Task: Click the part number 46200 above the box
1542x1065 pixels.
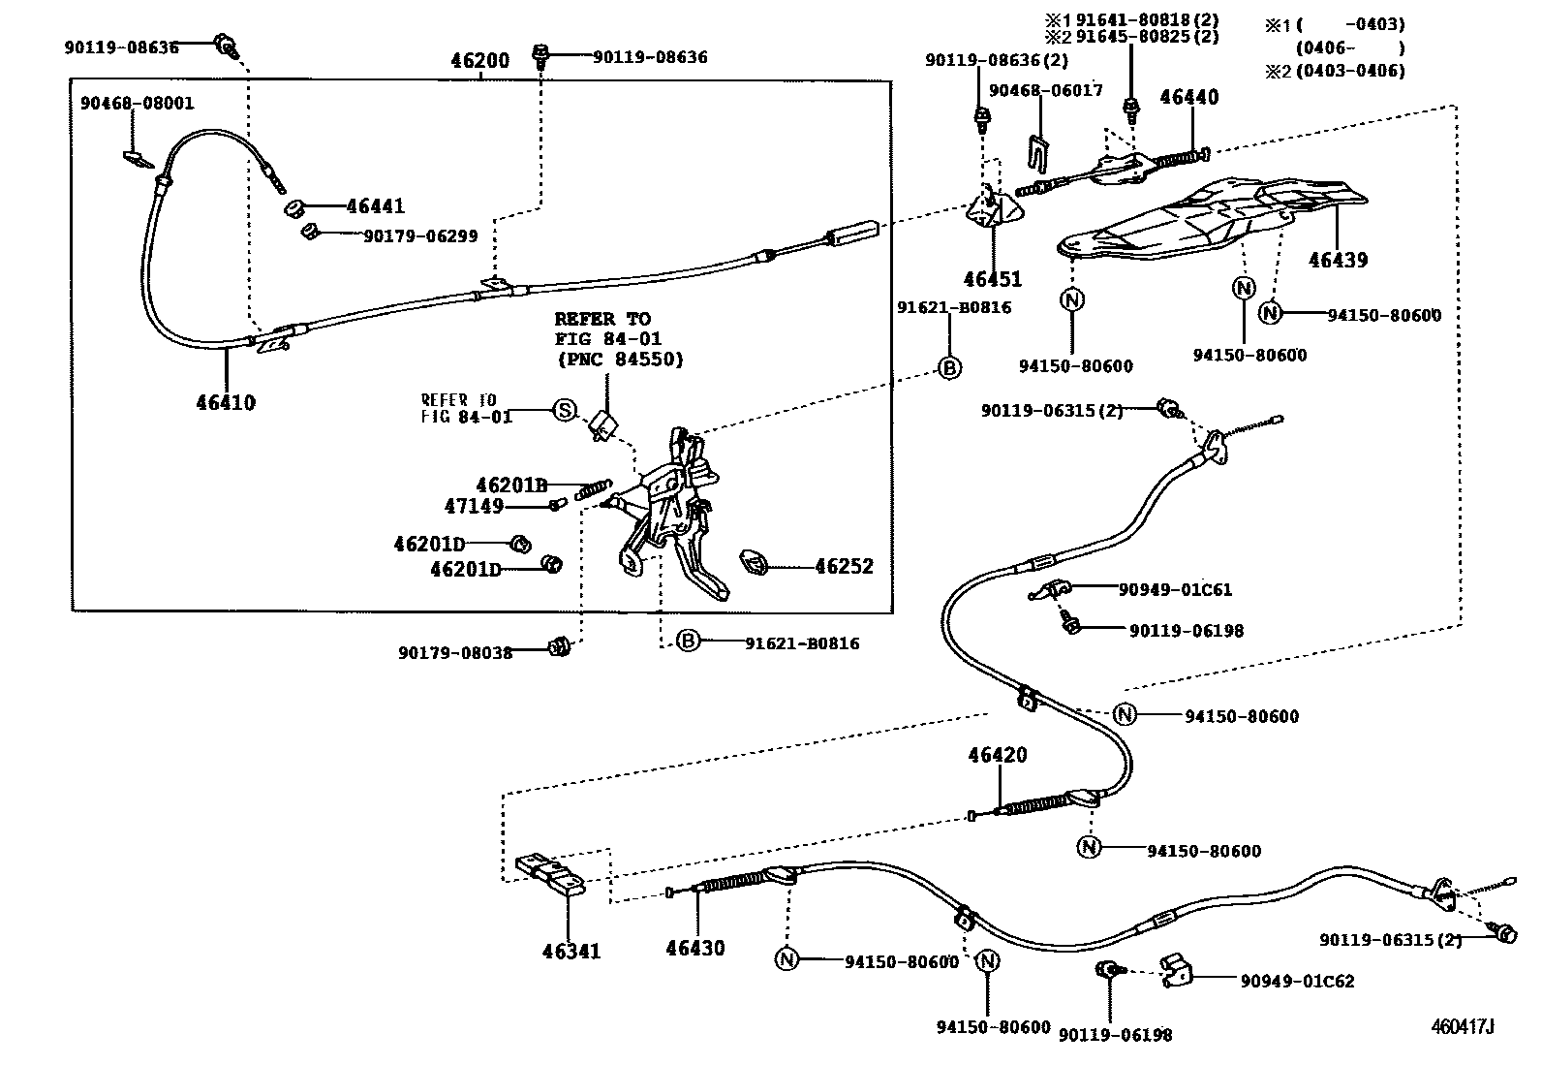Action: tap(479, 61)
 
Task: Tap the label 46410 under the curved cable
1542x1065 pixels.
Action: tap(226, 402)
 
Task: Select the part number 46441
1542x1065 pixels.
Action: tap(375, 206)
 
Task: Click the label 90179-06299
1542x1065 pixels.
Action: tap(419, 235)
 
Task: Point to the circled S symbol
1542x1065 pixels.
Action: tap(564, 410)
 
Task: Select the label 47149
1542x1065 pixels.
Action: tap(474, 506)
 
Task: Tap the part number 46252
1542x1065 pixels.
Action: tap(844, 566)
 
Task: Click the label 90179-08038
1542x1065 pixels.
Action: tap(454, 652)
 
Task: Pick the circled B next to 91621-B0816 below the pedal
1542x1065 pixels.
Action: tap(688, 642)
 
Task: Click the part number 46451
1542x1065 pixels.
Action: tap(992, 279)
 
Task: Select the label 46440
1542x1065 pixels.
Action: tap(1188, 97)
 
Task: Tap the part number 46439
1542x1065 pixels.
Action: tap(1338, 260)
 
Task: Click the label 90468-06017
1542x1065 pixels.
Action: tap(1045, 91)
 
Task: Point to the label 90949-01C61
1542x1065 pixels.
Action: tap(1175, 589)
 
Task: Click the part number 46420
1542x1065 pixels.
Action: tap(998, 755)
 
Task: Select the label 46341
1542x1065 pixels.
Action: tap(571, 951)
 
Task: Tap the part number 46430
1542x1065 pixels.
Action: tap(694, 948)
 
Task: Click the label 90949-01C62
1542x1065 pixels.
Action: tap(1297, 981)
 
